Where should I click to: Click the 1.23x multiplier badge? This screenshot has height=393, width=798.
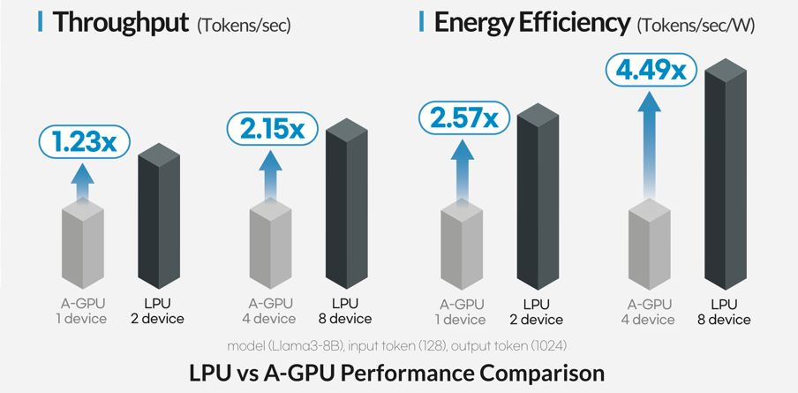tap(84, 142)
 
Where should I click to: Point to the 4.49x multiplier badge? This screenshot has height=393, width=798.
tap(651, 70)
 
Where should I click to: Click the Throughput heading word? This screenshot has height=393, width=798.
tap(120, 22)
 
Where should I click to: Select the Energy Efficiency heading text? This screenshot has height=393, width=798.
tap(531, 22)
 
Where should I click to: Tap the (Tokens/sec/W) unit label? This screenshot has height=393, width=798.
tap(696, 25)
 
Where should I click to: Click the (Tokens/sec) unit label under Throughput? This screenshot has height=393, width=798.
tap(244, 25)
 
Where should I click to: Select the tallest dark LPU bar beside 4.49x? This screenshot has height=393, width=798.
tap(725, 177)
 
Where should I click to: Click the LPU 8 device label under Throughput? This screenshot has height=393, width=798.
tap(345, 311)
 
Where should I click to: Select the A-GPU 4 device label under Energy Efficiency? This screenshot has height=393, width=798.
tap(649, 312)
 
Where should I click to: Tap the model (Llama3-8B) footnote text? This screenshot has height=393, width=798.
tap(398, 344)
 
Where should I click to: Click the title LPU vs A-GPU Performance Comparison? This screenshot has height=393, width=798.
tap(397, 373)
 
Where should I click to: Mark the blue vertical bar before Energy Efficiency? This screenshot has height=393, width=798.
tap(422, 21)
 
